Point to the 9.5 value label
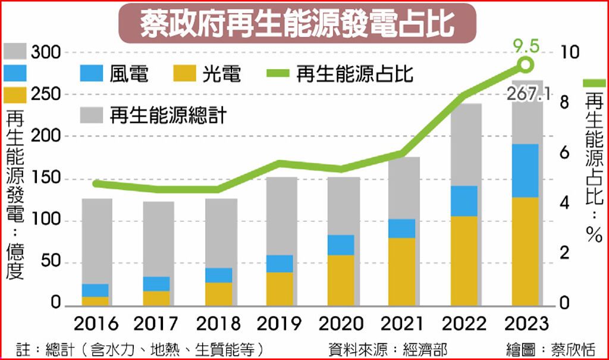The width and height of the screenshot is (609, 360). click(526, 45)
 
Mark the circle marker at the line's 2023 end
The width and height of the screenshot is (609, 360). click(526, 64)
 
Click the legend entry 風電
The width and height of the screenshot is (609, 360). click(115, 74)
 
